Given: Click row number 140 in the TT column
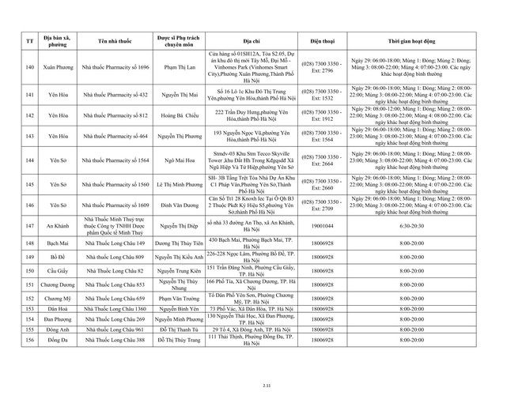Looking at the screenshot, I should [x=28, y=67].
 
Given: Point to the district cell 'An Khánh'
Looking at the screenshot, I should [x=57, y=225].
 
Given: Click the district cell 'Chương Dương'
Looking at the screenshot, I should [x=57, y=284].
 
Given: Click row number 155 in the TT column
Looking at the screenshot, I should [x=28, y=329].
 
